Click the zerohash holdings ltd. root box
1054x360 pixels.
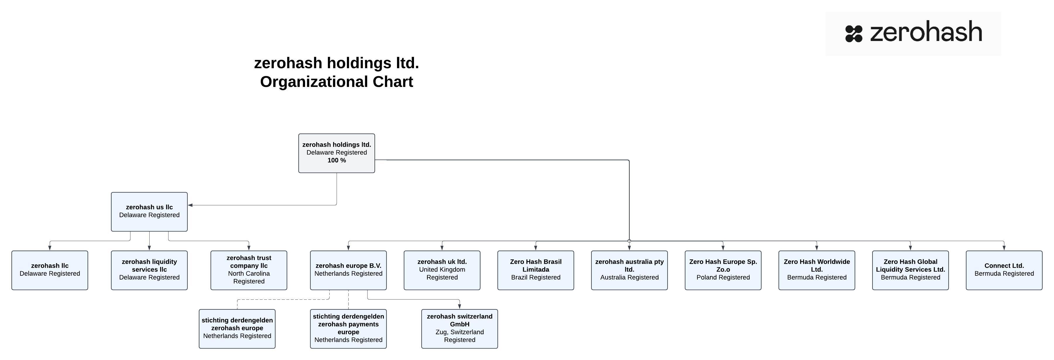point(336,153)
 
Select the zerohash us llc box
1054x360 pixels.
point(149,212)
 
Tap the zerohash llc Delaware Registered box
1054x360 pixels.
point(49,270)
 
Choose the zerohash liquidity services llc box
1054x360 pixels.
point(149,270)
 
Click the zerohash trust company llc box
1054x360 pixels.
point(249,270)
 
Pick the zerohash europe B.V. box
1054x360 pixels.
point(348,270)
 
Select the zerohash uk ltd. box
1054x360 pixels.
point(442,270)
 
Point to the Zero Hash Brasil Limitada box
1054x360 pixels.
point(535,270)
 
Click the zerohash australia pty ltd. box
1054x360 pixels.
point(629,270)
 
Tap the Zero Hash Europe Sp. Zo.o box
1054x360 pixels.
point(723,270)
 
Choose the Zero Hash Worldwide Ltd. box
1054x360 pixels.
point(817,270)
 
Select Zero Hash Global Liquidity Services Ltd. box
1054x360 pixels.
point(910,270)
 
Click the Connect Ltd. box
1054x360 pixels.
point(1004,270)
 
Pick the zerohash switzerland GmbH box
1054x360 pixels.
point(459,328)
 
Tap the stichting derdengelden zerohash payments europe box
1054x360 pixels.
point(348,328)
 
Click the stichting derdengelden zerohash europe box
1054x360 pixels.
point(237,328)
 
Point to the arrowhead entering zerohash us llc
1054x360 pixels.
point(190,205)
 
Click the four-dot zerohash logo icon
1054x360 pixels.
point(854,34)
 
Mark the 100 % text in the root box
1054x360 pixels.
point(336,160)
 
